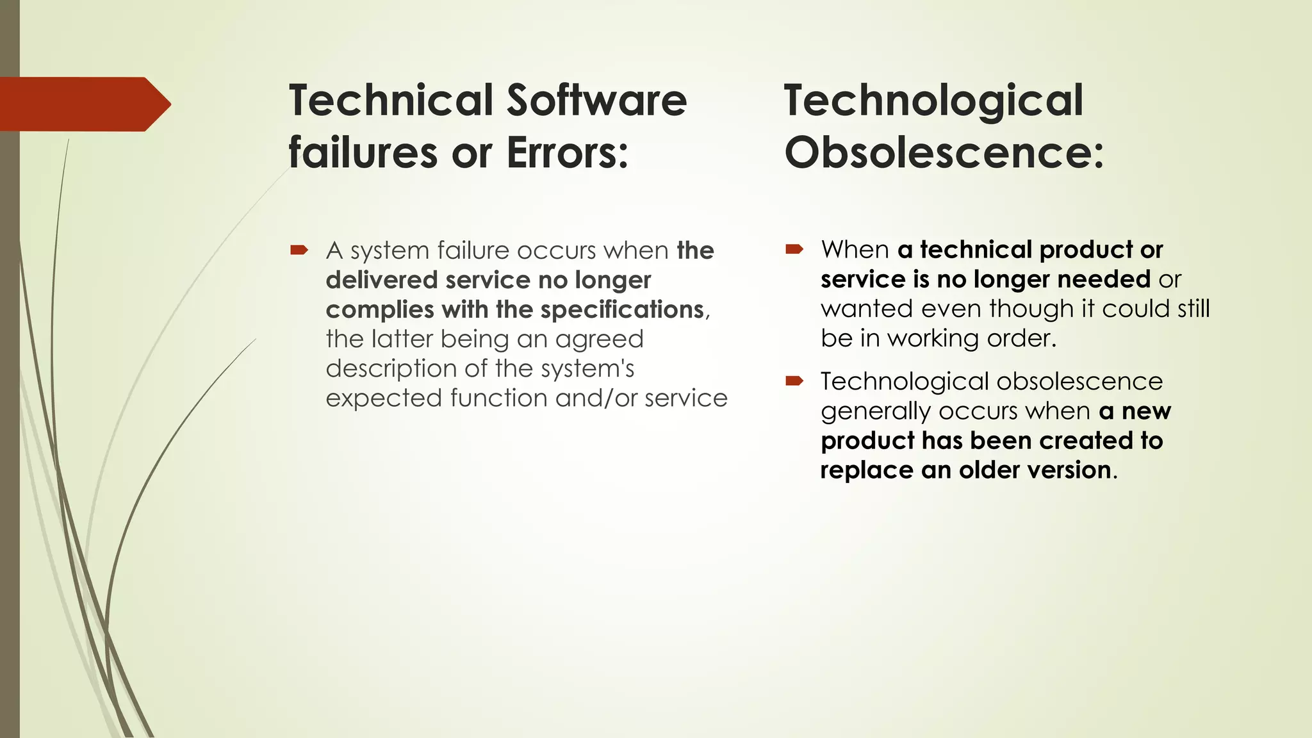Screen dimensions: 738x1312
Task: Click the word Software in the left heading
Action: (596, 101)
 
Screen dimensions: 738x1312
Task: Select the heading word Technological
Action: (933, 101)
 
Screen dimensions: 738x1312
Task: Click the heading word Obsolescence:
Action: (944, 153)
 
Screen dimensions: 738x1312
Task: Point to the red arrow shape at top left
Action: (83, 104)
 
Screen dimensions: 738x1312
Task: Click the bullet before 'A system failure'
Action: (299, 250)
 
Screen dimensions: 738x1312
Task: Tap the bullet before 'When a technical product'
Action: (794, 249)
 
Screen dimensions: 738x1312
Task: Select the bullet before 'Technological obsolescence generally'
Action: (794, 381)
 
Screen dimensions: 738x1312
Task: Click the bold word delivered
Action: (382, 280)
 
